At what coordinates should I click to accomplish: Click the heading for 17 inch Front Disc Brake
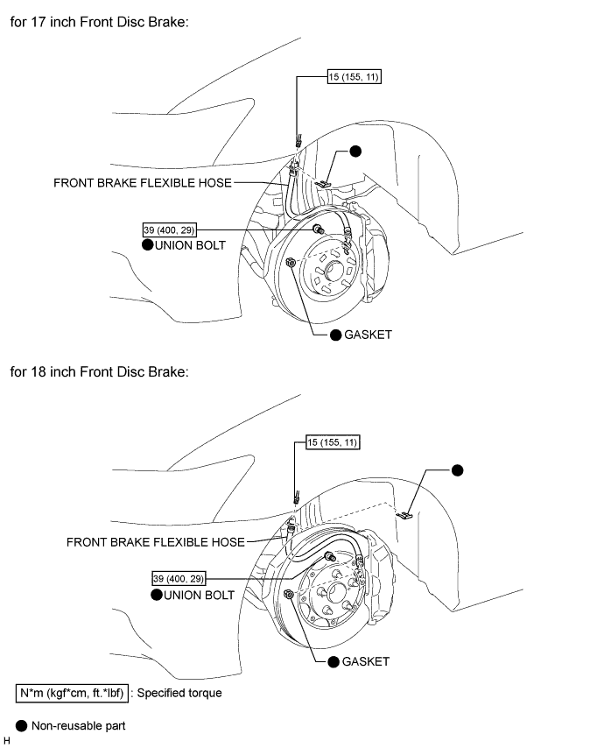pyautogui.click(x=100, y=21)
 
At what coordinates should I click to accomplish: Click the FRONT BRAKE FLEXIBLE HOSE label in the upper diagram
pyautogui.click(x=143, y=183)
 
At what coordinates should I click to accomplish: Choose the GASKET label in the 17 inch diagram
pyautogui.click(x=368, y=335)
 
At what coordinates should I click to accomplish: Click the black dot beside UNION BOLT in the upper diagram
pyautogui.click(x=148, y=246)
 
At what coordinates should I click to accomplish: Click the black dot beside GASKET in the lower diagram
pyautogui.click(x=334, y=661)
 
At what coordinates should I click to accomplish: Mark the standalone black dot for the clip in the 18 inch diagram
pyautogui.click(x=456, y=469)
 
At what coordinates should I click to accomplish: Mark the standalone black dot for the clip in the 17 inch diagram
pyautogui.click(x=355, y=152)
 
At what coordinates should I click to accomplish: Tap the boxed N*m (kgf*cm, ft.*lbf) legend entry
pyautogui.click(x=73, y=693)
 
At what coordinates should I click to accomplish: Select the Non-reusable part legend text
pyautogui.click(x=77, y=726)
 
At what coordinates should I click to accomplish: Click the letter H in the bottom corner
pyautogui.click(x=7, y=741)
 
